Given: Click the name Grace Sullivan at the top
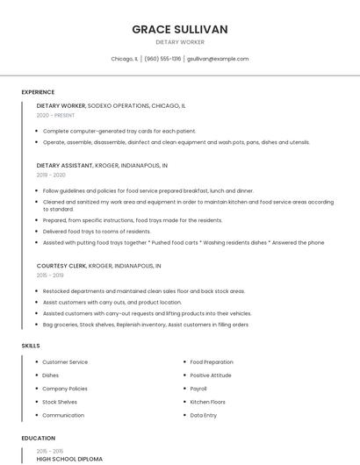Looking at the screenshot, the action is pos(180,29).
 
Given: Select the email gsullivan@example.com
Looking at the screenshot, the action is pos(218,59).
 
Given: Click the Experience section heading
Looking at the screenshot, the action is pos(38,92).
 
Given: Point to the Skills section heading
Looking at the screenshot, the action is pos(31,346).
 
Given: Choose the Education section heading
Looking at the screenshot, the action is pos(39,438).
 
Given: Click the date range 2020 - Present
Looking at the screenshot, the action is pos(56,115).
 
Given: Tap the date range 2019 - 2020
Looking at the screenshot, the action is pos(51,175).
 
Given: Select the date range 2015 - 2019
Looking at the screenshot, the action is pos(51,275).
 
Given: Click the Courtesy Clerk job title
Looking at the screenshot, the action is pos(61,265).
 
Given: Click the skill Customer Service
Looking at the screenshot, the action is pos(65,361).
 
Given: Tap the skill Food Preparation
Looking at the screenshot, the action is pos(212,361).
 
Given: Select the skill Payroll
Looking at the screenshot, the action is pos(198,388).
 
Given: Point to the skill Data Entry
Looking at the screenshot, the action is pos(204,415).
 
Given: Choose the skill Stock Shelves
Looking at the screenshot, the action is pos(60,402).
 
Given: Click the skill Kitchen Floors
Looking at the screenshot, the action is pos(208,402).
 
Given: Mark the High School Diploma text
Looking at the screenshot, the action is pos(69,459).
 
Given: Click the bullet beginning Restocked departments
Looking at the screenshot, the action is pos(143,290).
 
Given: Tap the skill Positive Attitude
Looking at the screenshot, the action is pos(211,375).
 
